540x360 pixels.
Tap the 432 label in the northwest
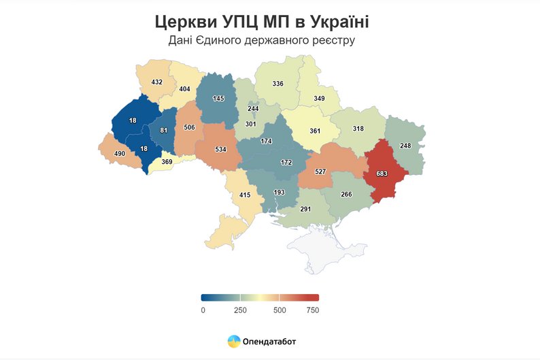[x=157, y=82]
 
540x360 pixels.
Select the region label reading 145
[x=218, y=99]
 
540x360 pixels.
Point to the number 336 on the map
[x=277, y=84]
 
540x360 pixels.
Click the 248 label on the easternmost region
[x=406, y=146]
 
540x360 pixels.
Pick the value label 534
[x=220, y=148]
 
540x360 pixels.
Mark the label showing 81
[x=163, y=130]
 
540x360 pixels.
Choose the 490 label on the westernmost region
[x=120, y=154]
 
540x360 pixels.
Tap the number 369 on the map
[x=167, y=162]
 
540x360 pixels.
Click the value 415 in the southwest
[x=246, y=195]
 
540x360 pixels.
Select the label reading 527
[x=322, y=173]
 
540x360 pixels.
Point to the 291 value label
[x=305, y=209]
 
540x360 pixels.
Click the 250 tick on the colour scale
[x=240, y=310]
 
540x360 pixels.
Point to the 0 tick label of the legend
[x=203, y=310]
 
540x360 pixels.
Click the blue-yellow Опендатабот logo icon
[x=233, y=341]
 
